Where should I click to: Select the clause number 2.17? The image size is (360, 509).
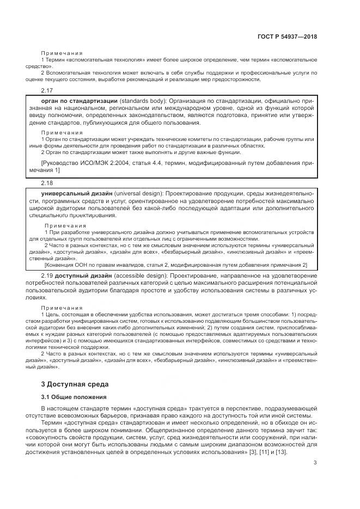coord(47,90)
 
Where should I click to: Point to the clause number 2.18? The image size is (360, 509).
coord(47,183)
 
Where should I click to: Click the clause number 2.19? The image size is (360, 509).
coord(47,276)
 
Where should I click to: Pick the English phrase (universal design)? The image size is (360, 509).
coord(139,194)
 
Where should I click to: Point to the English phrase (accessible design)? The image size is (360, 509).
coord(140,276)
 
